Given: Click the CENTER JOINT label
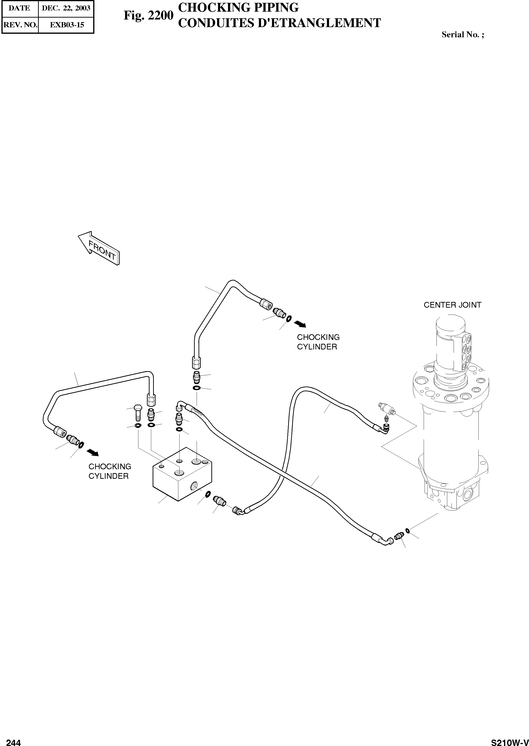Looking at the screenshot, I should point(452,305).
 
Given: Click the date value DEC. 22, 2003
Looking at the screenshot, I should point(66,8).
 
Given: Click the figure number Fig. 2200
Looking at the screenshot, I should point(148,15).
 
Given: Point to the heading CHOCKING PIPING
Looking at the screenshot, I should point(238,7).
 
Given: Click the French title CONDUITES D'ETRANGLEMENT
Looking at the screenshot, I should point(280,23).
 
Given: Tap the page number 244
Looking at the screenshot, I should point(14,740).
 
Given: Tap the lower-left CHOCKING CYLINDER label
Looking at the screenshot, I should point(110,471).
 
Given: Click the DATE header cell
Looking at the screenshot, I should point(19,8).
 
